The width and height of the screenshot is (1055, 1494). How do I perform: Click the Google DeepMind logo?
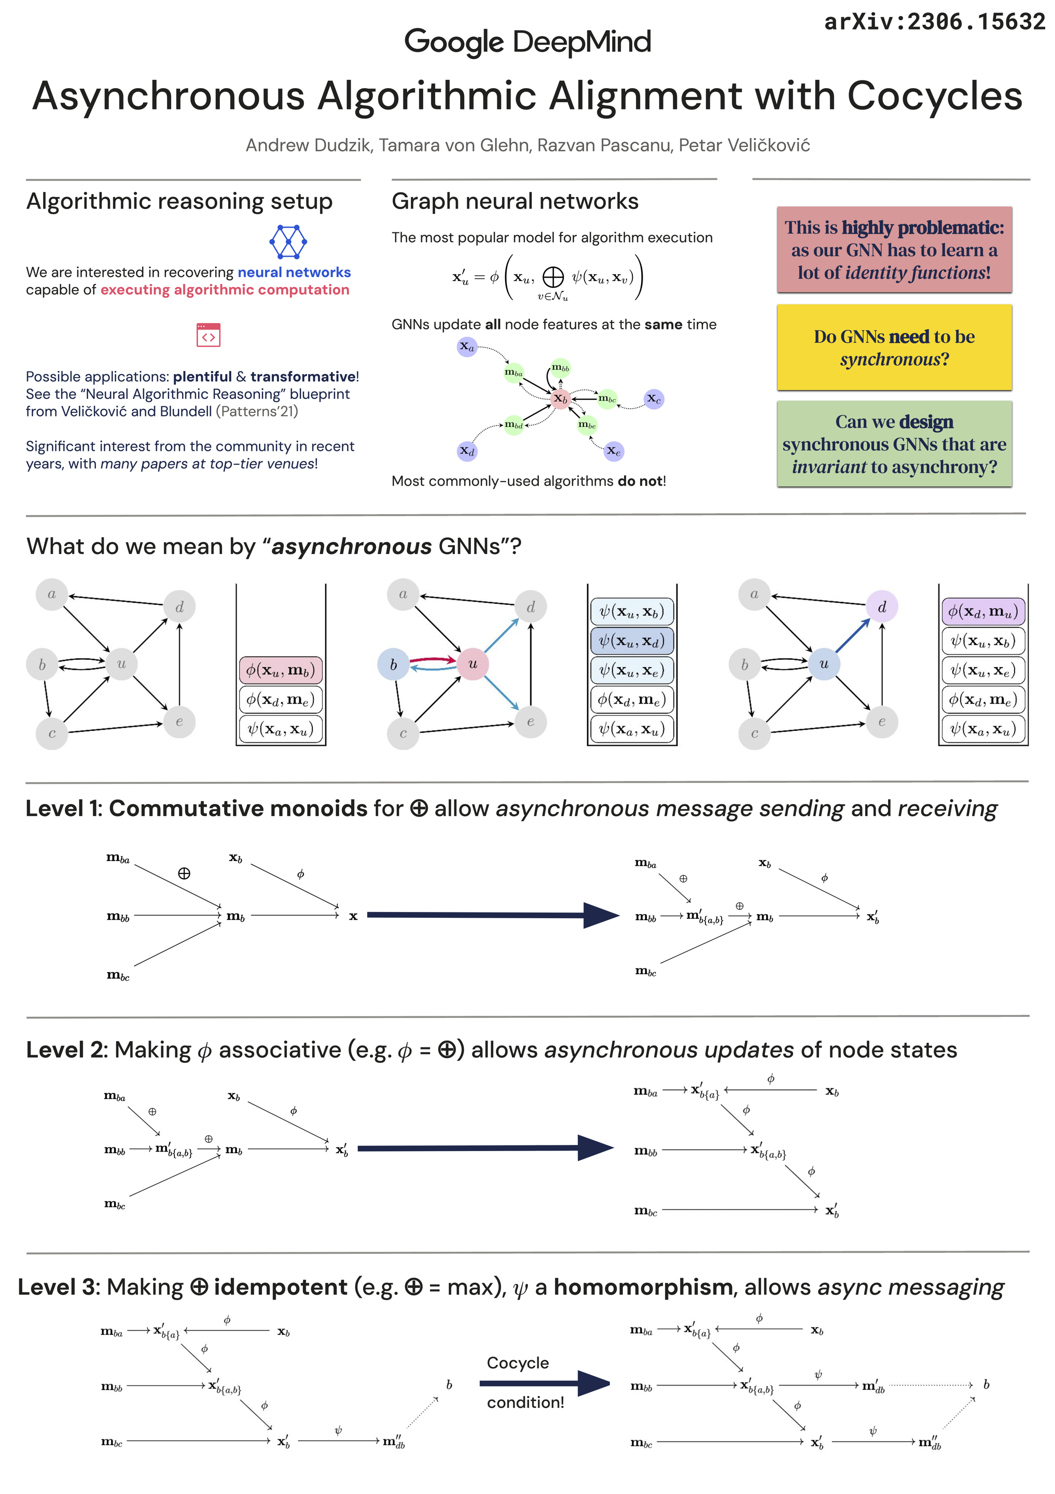pyautogui.click(x=527, y=43)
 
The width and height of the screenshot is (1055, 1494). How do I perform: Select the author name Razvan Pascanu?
pyautogui.click(x=604, y=145)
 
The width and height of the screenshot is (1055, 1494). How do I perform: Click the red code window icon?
pyautogui.click(x=208, y=335)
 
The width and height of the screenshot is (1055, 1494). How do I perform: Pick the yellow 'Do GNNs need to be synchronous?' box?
pyautogui.click(x=894, y=348)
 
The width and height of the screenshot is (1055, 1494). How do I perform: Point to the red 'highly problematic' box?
pyautogui.click(x=894, y=250)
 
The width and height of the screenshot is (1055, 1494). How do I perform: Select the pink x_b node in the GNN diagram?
pyautogui.click(x=559, y=398)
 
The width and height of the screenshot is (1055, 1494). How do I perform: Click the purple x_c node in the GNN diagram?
pyautogui.click(x=653, y=399)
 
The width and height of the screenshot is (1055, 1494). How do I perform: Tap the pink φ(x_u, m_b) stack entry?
pyautogui.click(x=280, y=670)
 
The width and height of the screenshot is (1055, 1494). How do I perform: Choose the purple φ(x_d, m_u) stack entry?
pyautogui.click(x=983, y=611)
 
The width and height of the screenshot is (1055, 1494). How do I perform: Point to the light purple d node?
pyautogui.click(x=881, y=607)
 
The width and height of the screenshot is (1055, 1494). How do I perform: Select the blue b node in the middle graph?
pyautogui.click(x=393, y=665)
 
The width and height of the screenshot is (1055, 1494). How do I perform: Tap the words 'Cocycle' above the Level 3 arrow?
pyautogui.click(x=518, y=1363)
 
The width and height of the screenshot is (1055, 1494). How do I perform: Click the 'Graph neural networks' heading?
pyautogui.click(x=515, y=201)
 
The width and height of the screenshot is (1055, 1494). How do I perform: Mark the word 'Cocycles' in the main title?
pyautogui.click(x=935, y=96)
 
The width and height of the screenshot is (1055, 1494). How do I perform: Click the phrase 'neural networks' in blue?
pyautogui.click(x=294, y=272)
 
